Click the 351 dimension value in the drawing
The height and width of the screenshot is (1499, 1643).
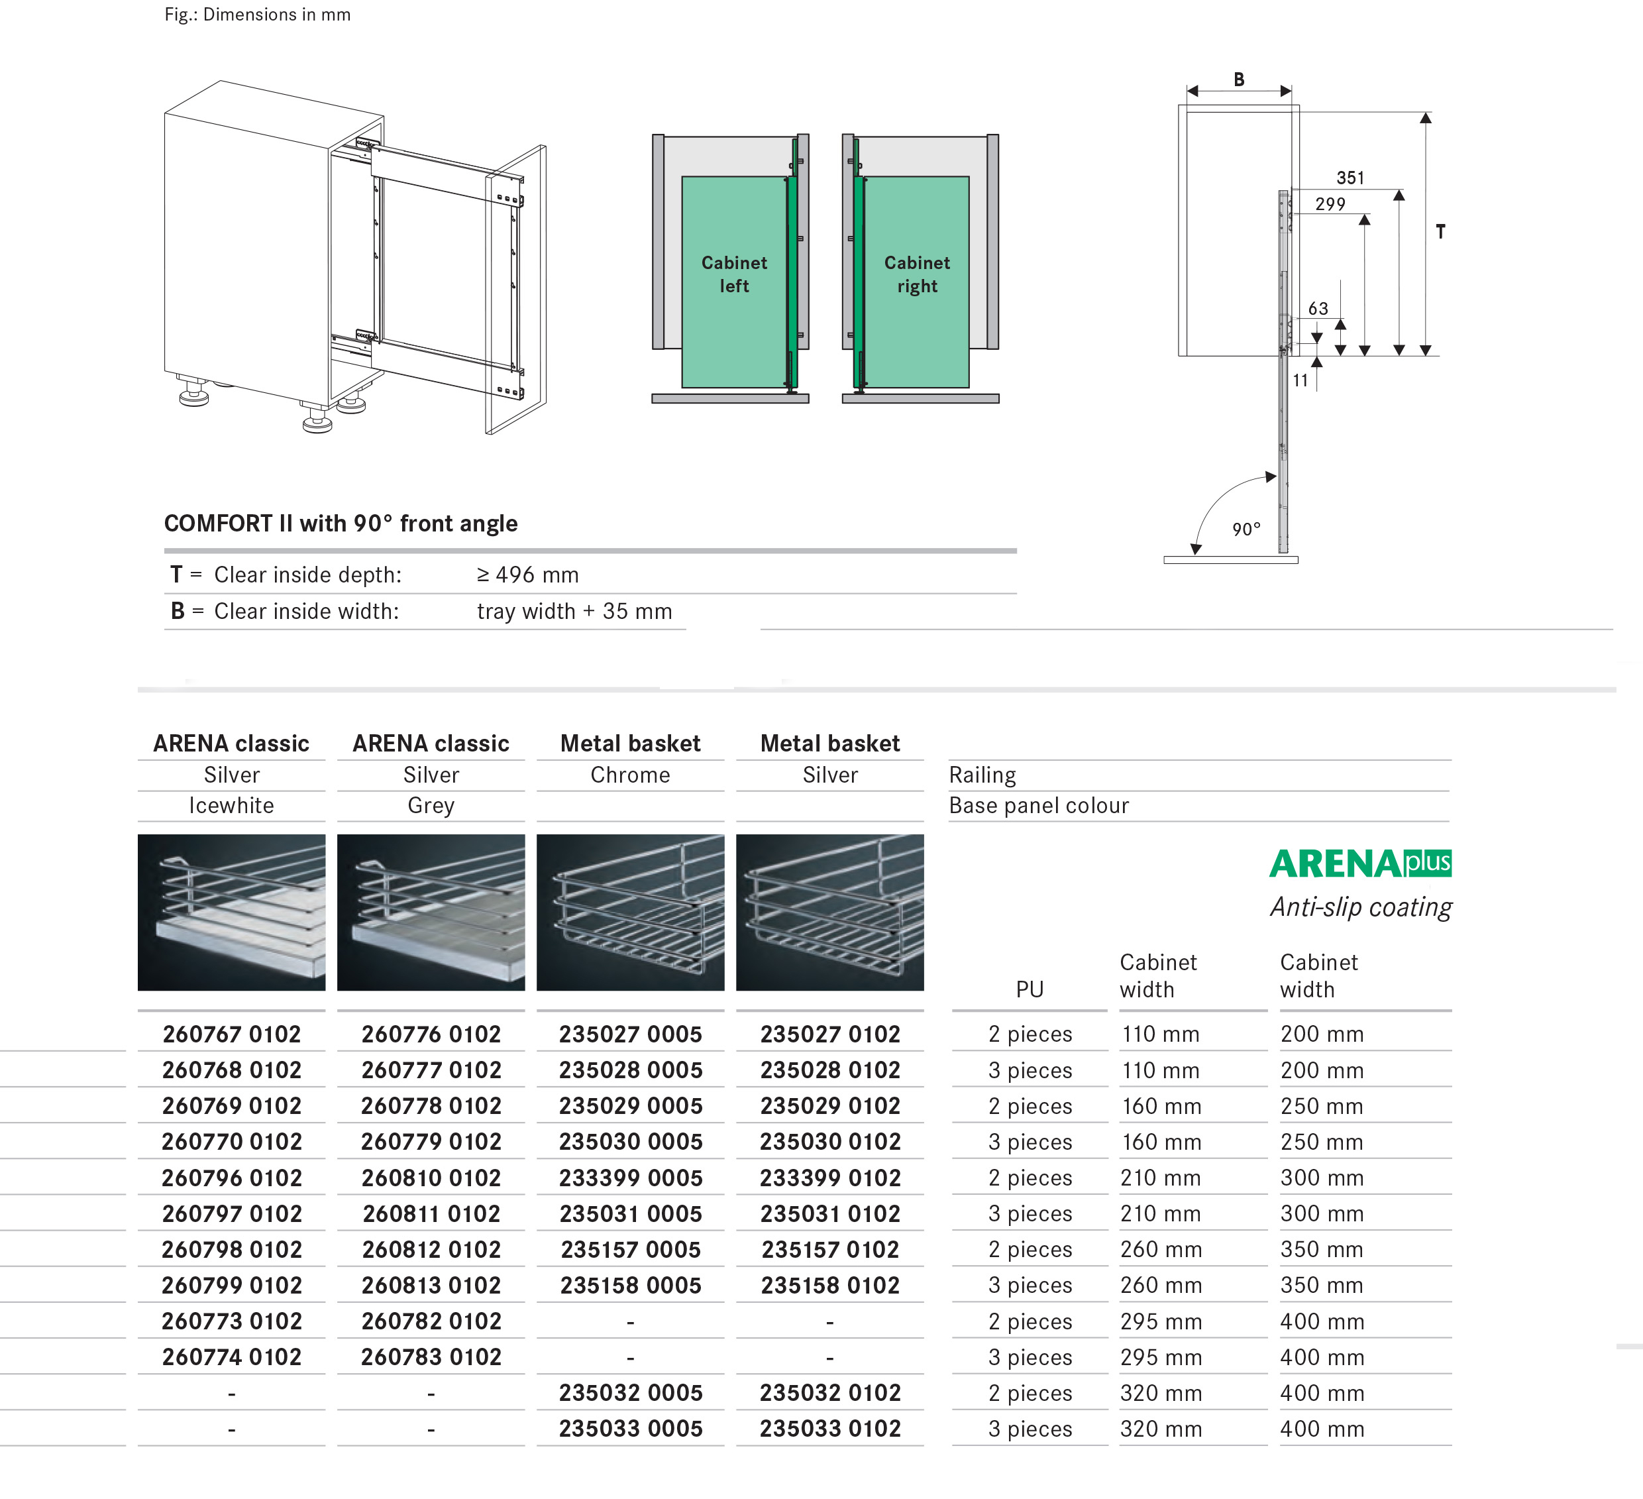click(x=1350, y=178)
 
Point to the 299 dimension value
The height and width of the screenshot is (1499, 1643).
click(x=1330, y=204)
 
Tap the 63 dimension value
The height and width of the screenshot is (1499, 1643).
click(x=1318, y=309)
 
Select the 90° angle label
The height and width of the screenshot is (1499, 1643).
click(x=1246, y=529)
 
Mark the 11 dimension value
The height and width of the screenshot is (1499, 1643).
click(x=1300, y=380)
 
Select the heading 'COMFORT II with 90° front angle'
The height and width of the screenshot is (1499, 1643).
click(x=341, y=524)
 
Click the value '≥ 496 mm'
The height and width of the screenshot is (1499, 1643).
click(x=527, y=575)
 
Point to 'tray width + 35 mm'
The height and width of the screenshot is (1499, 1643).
click(x=574, y=612)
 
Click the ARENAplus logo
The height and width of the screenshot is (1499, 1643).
click(x=1359, y=864)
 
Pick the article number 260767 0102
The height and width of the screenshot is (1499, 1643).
click(x=231, y=1034)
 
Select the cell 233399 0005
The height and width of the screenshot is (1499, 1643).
click(x=630, y=1178)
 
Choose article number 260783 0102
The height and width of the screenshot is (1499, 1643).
click(x=431, y=1357)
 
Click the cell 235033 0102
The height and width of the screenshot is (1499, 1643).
click(x=829, y=1429)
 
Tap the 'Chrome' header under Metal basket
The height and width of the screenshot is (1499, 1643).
click(x=630, y=775)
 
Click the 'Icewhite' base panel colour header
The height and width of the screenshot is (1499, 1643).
click(x=231, y=806)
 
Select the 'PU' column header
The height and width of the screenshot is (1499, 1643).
click(x=1030, y=989)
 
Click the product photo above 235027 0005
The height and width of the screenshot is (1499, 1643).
click(x=630, y=912)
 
